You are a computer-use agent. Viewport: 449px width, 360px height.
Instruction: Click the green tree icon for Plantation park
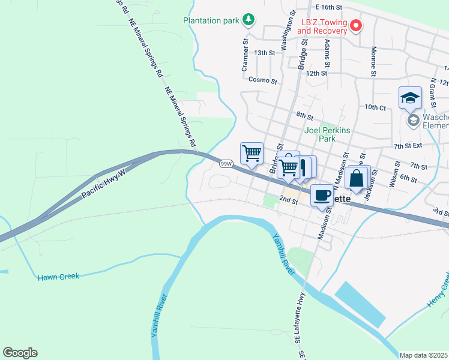(248, 20)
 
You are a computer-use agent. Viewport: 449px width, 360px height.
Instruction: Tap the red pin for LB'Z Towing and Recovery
(355, 26)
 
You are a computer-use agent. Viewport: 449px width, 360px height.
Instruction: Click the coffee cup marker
(322, 195)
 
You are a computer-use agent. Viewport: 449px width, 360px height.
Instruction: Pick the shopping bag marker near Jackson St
(357, 178)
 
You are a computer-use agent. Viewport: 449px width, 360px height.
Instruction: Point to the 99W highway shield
(226, 163)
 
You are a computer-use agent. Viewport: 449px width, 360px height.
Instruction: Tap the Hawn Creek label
(58, 277)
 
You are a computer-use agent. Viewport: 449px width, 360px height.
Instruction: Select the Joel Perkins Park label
(328, 134)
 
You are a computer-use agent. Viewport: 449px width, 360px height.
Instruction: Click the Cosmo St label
(262, 80)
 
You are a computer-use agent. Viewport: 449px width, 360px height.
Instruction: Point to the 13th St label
(264, 53)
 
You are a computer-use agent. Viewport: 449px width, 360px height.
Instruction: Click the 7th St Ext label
(408, 146)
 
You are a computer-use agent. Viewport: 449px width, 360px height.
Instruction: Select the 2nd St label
(289, 200)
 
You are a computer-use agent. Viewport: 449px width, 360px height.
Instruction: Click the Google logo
(20, 353)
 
